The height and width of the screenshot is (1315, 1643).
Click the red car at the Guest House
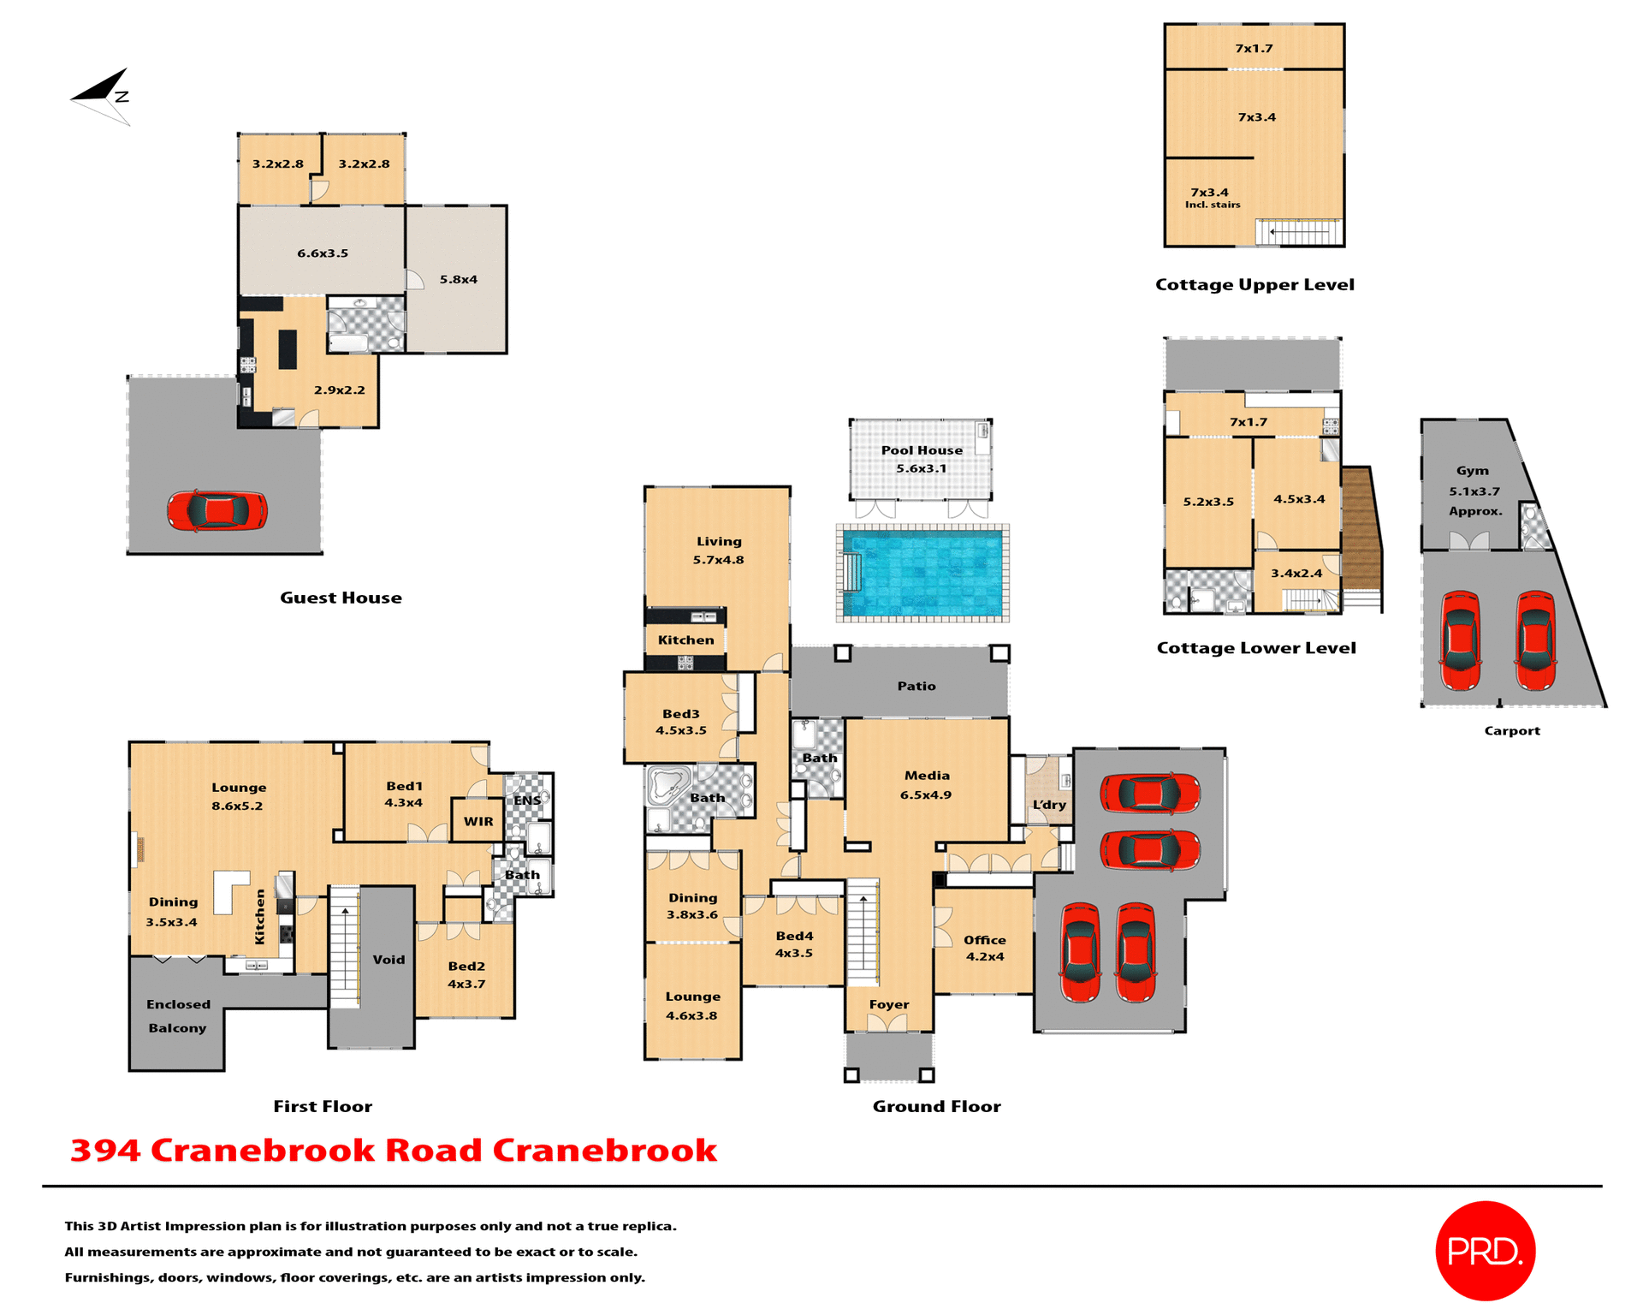click(x=217, y=511)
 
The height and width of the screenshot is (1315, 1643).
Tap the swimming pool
click(x=922, y=574)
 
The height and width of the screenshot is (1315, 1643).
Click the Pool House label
click(x=922, y=450)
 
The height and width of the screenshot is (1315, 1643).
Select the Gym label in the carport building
click(x=1472, y=471)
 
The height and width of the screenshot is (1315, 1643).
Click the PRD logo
click(x=1485, y=1251)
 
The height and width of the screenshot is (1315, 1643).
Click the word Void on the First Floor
click(x=389, y=960)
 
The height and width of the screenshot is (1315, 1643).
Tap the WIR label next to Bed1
click(x=478, y=821)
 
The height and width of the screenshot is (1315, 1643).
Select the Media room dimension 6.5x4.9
click(x=925, y=794)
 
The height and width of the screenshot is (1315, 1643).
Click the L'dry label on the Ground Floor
click(x=1049, y=805)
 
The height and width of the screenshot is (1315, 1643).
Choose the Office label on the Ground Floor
click(x=984, y=940)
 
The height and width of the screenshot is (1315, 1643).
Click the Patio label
click(x=916, y=686)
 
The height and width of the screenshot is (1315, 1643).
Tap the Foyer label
click(x=889, y=1004)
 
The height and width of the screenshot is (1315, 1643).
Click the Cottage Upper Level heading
click(x=1254, y=284)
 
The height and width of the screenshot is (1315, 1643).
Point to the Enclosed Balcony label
click(x=177, y=1015)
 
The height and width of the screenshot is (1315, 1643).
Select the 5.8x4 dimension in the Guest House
click(x=458, y=279)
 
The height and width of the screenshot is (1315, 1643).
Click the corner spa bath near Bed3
click(x=667, y=785)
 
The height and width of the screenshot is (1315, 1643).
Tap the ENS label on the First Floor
click(x=526, y=800)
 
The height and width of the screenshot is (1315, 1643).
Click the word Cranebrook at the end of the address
click(x=604, y=1150)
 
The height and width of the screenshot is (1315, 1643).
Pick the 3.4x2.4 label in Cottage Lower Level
click(x=1296, y=574)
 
